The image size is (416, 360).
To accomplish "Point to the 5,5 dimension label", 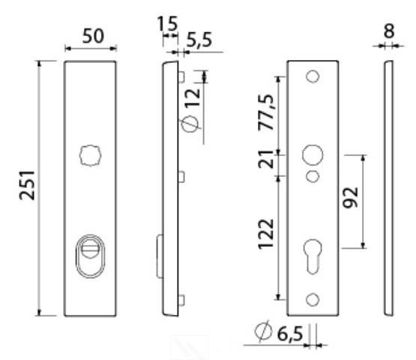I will pos(198,41).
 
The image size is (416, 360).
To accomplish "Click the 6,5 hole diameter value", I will pos(288,333).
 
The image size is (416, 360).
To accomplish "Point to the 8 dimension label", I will pos(388,31).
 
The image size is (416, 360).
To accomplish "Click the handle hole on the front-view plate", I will pos(90,155).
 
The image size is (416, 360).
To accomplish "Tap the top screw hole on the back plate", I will pos(313,76).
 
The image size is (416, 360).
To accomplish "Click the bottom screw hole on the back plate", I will pos(313,300).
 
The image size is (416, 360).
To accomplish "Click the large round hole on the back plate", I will pos(312,155).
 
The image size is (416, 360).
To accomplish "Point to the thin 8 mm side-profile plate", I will pos(388,187).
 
